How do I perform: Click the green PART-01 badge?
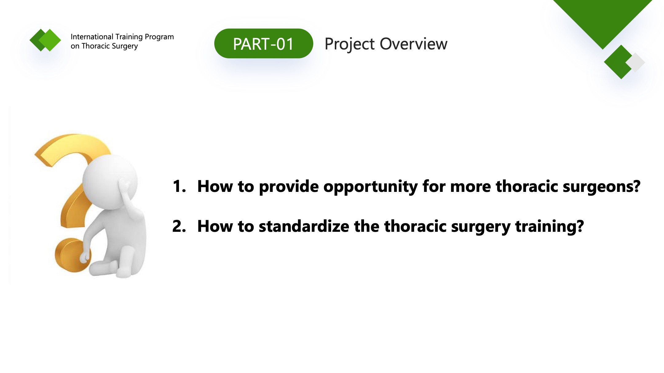click(263, 44)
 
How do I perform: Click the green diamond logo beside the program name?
click(45, 40)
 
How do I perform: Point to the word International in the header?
click(92, 37)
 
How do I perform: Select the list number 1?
click(179, 186)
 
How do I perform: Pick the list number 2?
click(179, 226)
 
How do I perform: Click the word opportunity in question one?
click(370, 187)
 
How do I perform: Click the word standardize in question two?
click(304, 226)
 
